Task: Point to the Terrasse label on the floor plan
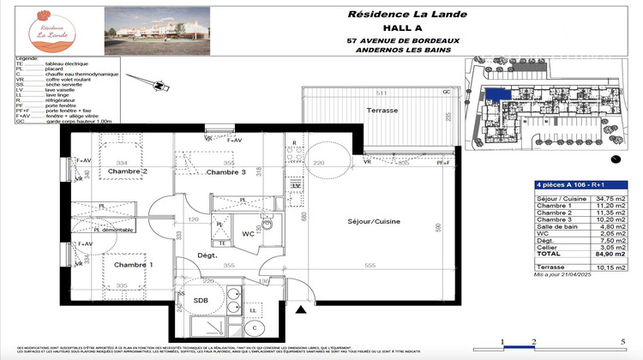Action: tap(380, 111)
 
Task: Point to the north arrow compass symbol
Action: tap(156, 85)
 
